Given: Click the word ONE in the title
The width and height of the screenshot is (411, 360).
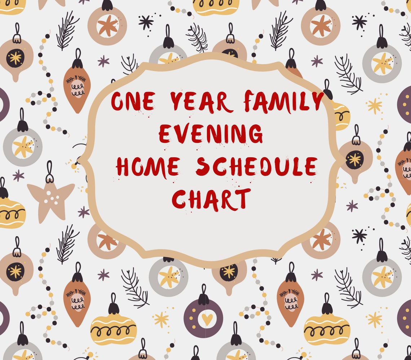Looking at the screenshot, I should [x=133, y=101].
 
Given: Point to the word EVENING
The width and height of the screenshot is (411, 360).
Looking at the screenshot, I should [x=211, y=133].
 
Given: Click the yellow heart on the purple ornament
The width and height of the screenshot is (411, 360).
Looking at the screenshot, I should [x=207, y=319].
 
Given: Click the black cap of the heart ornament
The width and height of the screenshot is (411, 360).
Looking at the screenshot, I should [x=203, y=299].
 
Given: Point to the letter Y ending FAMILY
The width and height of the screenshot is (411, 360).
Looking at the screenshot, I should [x=318, y=101].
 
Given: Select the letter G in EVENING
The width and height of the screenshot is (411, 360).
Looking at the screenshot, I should [x=255, y=133].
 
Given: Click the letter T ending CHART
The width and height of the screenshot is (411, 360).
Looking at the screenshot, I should [x=243, y=199].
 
